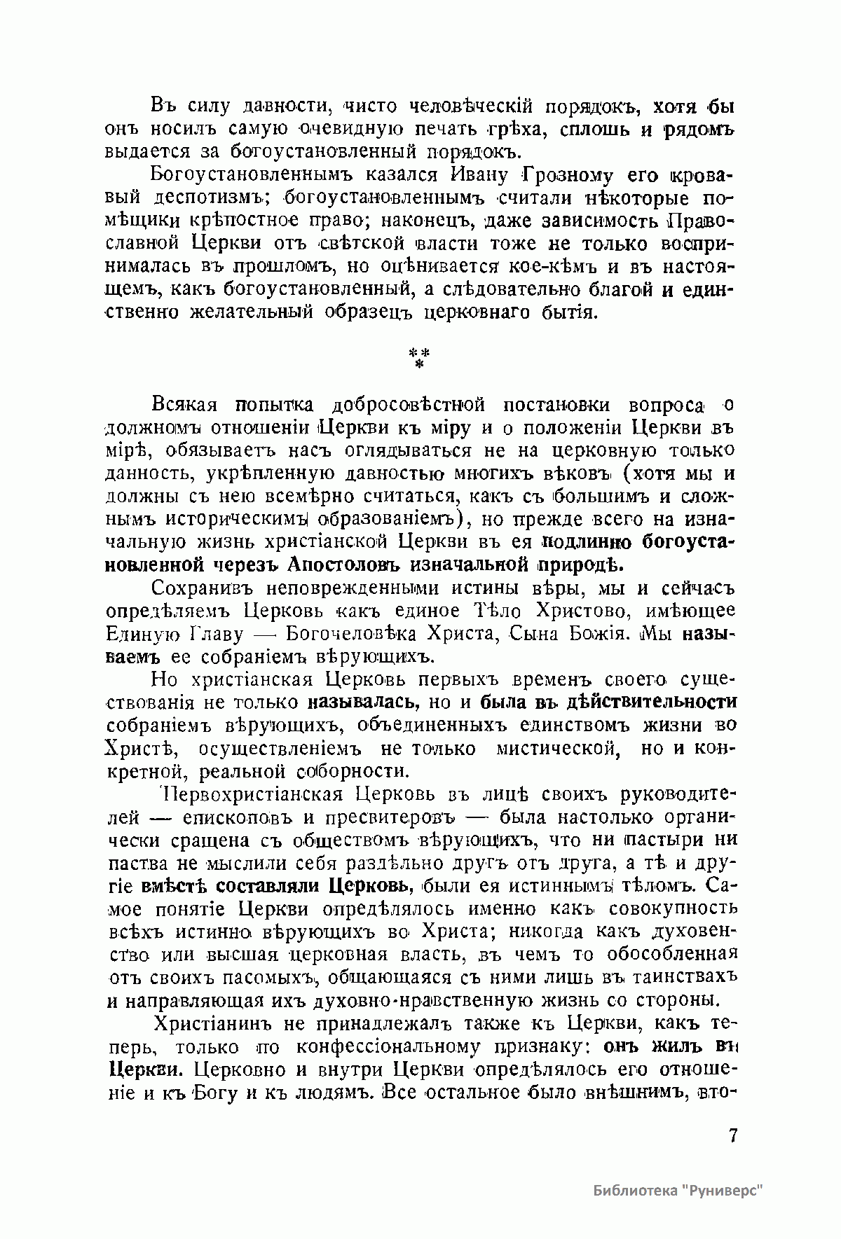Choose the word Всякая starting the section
click(184, 405)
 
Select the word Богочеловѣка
click(345, 633)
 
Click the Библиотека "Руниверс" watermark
click(676, 1191)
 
